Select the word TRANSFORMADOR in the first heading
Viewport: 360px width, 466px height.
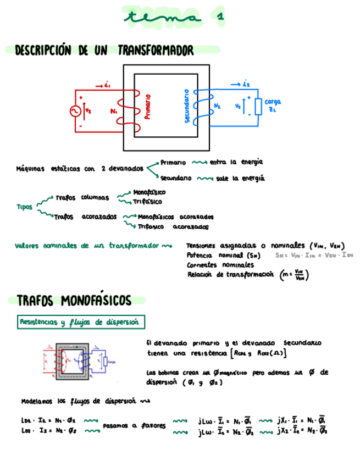[156, 51]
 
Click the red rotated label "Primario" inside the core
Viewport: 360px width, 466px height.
[147, 106]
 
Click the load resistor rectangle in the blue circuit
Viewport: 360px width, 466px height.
[258, 107]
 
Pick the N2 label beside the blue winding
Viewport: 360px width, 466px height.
[217, 106]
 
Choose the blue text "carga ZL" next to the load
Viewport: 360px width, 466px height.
[273, 105]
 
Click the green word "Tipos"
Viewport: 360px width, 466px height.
[24, 207]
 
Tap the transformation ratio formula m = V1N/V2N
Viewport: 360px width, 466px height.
[295, 274]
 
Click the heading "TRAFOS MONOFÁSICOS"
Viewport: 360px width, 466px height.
[74, 301]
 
